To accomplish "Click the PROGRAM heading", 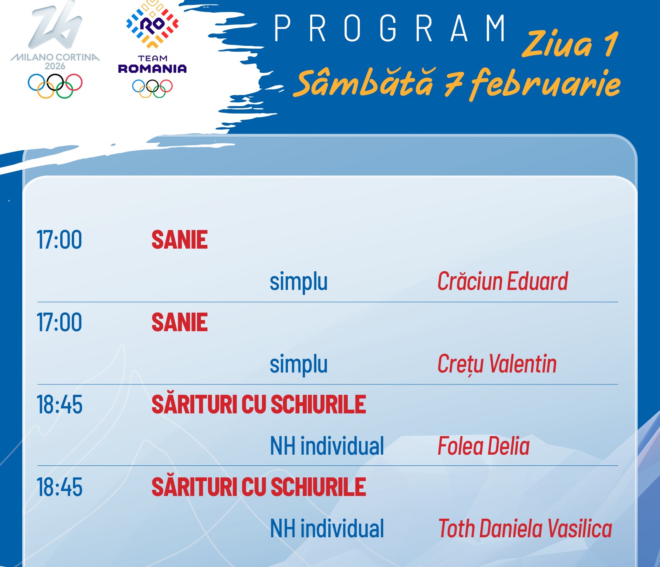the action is (x=390, y=28).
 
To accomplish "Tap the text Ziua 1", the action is (x=570, y=44).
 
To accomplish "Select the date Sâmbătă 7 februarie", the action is (x=459, y=83).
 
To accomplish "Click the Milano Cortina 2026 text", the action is (x=55, y=61).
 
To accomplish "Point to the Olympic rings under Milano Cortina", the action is (x=55, y=86).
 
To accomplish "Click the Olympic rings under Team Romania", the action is (x=152, y=88).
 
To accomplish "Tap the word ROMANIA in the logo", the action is (x=152, y=69).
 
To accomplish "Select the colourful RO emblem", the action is (x=152, y=24).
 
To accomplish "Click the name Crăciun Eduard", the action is (x=502, y=282).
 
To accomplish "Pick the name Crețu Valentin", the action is (x=497, y=364).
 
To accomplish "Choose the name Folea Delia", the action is (x=483, y=446).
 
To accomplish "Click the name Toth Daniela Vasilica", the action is (x=525, y=529).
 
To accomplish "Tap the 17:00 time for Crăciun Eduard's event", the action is (x=59, y=240).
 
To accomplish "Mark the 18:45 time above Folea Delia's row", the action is (x=59, y=405).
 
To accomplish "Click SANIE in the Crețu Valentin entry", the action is (x=179, y=323).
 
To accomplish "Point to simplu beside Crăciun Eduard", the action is (x=299, y=282).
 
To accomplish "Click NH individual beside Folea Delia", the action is (x=327, y=446).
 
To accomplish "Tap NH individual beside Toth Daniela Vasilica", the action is (x=327, y=529).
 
